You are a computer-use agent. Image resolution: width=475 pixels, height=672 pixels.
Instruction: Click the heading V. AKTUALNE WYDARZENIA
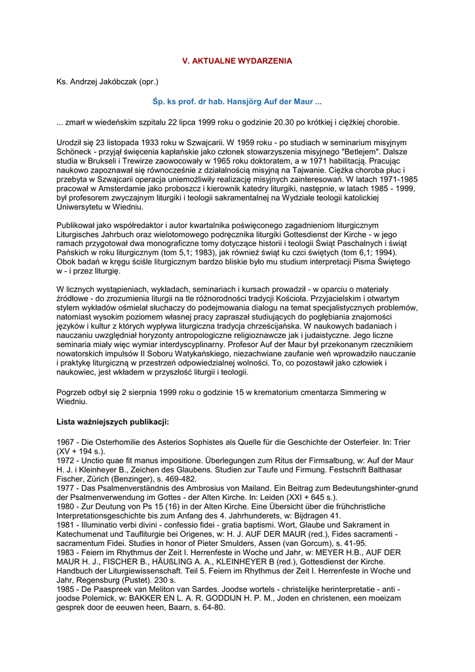click(x=237, y=61)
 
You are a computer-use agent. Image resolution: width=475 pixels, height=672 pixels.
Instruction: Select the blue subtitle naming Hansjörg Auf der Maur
click(x=237, y=102)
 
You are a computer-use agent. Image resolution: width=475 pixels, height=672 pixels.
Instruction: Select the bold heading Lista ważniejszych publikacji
click(x=113, y=422)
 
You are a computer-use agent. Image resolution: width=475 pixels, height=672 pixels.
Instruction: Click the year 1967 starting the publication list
click(x=66, y=442)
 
